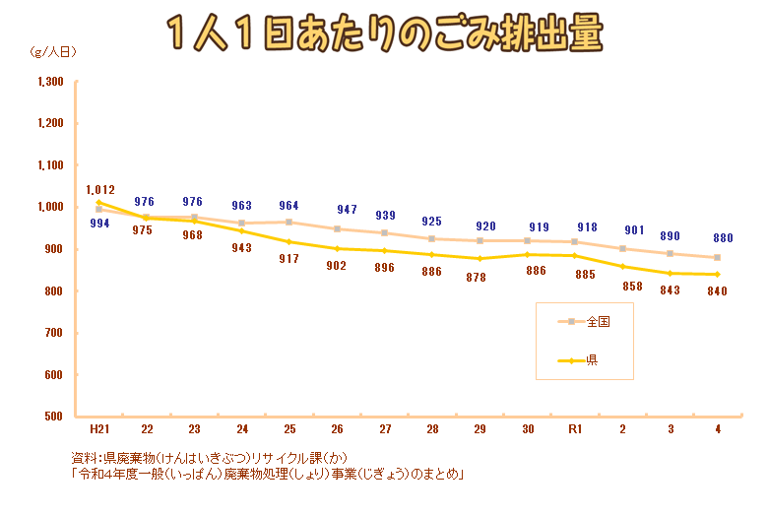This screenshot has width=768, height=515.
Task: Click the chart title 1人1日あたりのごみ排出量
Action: click(384, 35)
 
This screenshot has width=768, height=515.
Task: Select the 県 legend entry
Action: click(592, 361)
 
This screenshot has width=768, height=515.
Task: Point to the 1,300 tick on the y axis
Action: click(50, 82)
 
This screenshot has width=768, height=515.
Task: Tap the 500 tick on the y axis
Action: click(54, 417)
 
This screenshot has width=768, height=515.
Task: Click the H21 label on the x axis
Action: click(98, 430)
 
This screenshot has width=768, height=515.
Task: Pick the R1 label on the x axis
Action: click(575, 430)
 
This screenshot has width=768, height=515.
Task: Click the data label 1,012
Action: click(100, 189)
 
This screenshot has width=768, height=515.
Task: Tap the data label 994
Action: click(99, 224)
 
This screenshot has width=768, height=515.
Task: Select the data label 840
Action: click(717, 290)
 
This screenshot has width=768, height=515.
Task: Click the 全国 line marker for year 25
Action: click(289, 222)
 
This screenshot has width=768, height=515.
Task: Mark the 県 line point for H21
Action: click(98, 203)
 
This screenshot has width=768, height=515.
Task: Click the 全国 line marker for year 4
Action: click(718, 257)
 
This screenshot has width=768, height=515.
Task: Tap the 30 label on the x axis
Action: click(528, 430)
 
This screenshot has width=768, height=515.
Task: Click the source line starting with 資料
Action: click(209, 458)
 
